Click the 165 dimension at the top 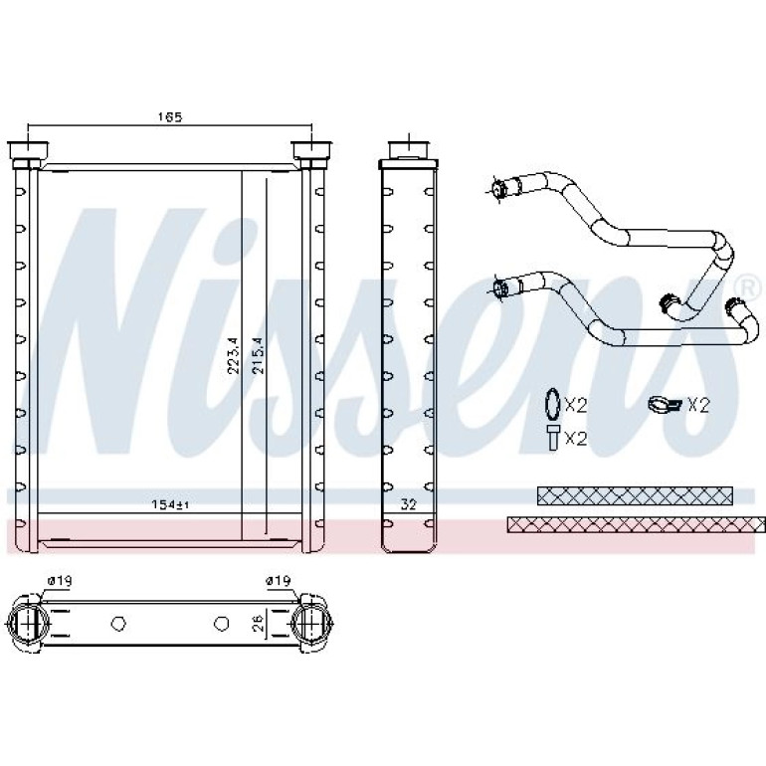tap(169, 117)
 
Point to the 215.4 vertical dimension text tap(258, 355)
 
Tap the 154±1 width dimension tap(169, 505)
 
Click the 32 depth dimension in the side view tap(408, 505)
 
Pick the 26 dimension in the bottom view tap(258, 623)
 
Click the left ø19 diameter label tap(60, 581)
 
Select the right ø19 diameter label tap(278, 581)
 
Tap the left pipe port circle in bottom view tap(29, 624)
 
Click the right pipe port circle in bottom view tap(311, 624)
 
